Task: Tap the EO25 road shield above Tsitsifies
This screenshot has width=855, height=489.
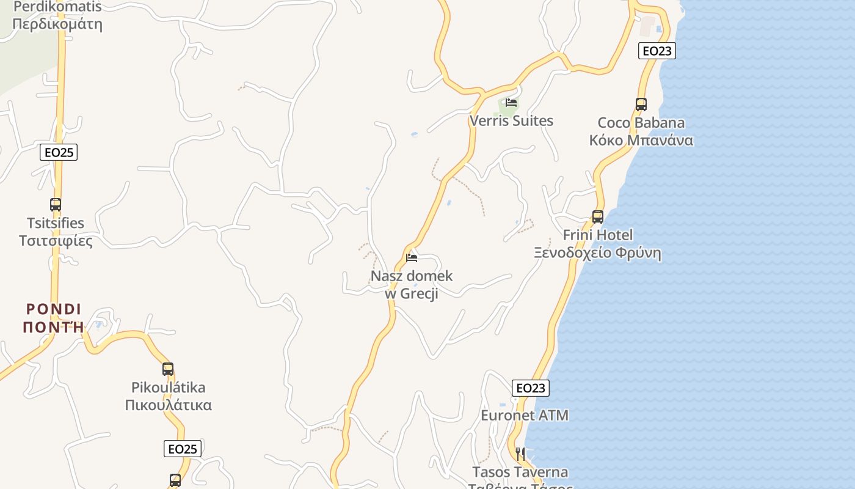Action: (59, 152)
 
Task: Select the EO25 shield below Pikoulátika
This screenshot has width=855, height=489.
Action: (183, 449)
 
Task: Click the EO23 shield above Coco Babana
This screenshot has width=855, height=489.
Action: (657, 51)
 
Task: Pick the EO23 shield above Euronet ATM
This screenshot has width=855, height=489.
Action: (530, 388)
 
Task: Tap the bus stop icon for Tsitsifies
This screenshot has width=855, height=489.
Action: (56, 205)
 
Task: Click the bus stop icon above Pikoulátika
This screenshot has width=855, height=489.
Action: (168, 369)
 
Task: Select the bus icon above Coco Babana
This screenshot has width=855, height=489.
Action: (641, 105)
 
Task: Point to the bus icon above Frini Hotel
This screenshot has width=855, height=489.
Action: (598, 216)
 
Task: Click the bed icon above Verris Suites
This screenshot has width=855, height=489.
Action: (511, 103)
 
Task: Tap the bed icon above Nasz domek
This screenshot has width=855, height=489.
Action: (412, 258)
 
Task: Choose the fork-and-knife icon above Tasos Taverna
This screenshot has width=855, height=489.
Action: (520, 454)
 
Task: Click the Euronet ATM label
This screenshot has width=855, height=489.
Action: (525, 416)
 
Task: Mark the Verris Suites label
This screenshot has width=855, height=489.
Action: (511, 121)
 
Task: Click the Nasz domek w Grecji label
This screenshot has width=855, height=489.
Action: (412, 285)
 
